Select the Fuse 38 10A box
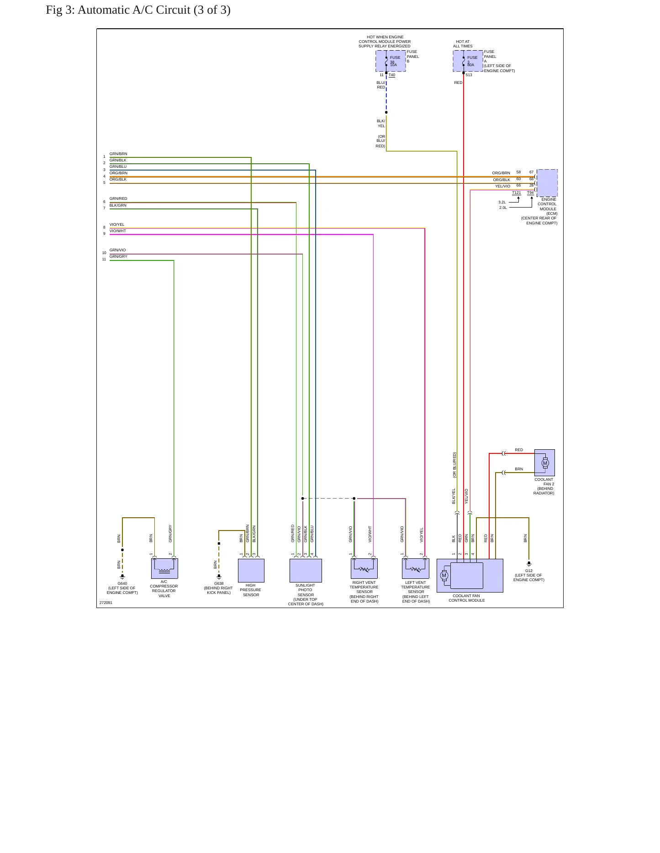pos(391,61)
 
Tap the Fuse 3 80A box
pos(468,61)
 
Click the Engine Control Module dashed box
pos(547,183)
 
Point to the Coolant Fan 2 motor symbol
pos(545,463)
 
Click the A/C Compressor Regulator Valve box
pos(164,569)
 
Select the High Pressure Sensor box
pos(251,571)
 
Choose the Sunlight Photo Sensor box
pos(306,571)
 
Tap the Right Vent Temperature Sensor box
pos(364,569)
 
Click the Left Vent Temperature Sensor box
pos(416,569)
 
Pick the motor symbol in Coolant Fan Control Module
pos(444,575)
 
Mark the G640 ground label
pos(122,583)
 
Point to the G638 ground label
pos(219,583)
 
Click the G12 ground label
pos(529,571)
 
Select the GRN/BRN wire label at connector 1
pos(118,154)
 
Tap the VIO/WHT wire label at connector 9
pos(118,231)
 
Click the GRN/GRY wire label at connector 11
pos(118,257)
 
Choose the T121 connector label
pos(517,193)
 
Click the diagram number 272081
pos(106,603)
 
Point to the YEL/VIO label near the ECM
pos(503,186)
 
